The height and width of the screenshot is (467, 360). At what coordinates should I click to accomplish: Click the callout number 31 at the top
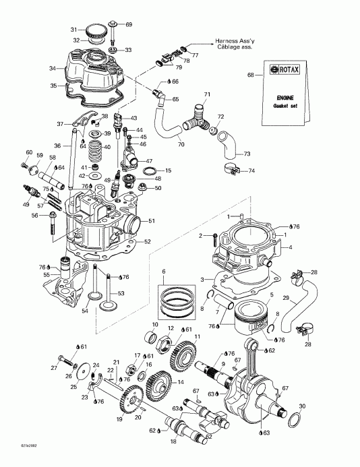pos(74,29)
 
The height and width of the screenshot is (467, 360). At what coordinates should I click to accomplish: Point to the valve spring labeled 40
pos(96,148)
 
